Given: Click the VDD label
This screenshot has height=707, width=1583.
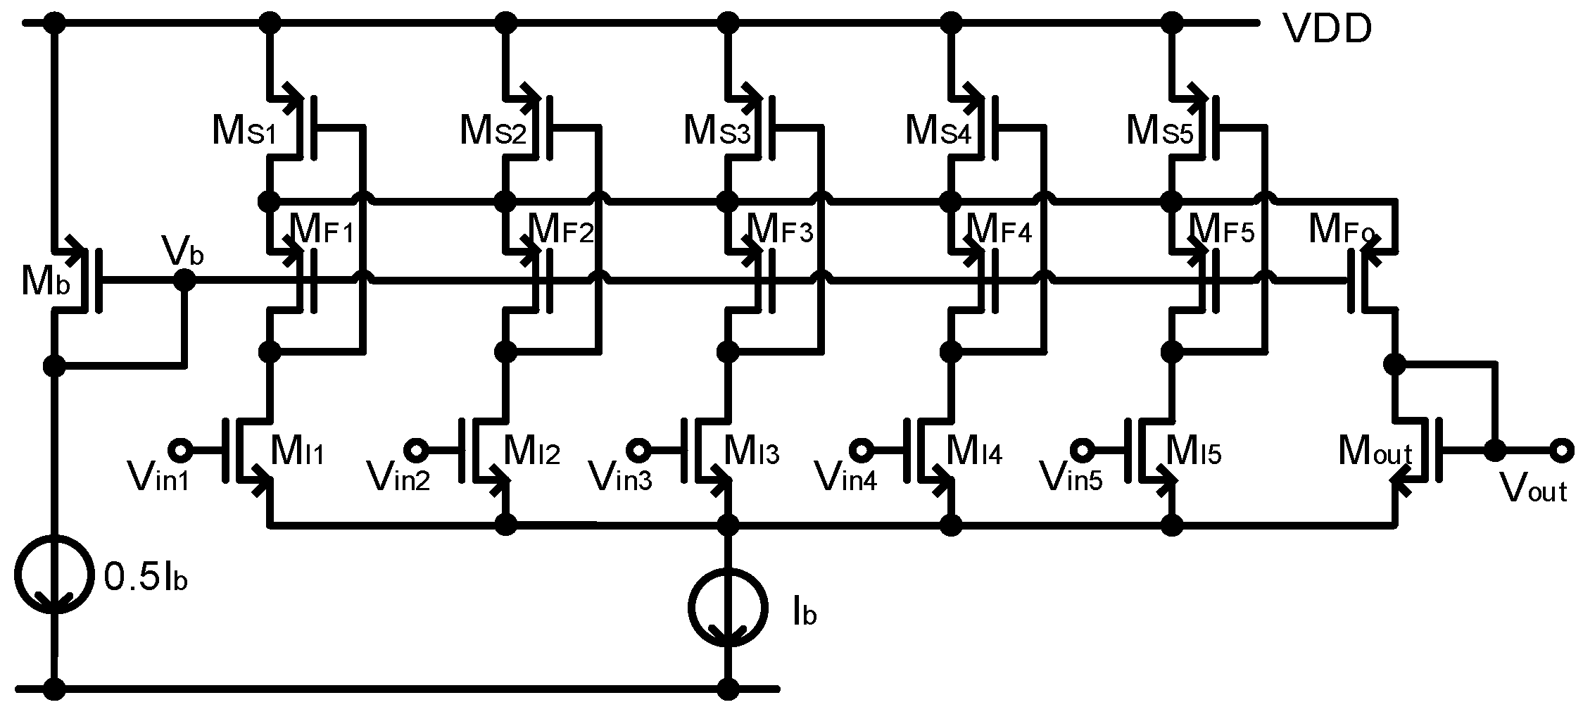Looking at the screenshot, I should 1327,30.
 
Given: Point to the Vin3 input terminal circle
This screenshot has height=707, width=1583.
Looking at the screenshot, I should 638,449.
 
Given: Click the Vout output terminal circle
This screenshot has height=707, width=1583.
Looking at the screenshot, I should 1560,449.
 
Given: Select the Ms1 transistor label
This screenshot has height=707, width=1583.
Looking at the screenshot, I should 244,131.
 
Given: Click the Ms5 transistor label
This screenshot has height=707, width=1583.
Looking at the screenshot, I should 1160,131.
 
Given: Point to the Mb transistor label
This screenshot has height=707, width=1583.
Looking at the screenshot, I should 45,283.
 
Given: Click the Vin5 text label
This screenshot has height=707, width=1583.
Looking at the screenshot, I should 1072,478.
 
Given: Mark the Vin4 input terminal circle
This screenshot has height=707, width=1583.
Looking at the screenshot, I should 862,449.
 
